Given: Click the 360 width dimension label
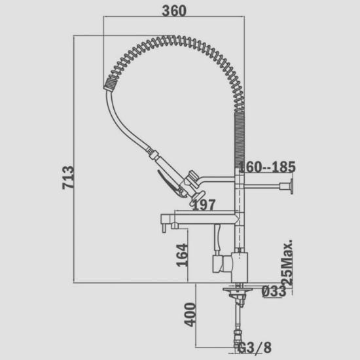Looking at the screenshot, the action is [x=174, y=10].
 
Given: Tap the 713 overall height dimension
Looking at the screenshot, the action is [x=68, y=177].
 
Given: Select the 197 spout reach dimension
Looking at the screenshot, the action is [x=204, y=205].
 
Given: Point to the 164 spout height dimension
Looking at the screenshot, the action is [x=182, y=255].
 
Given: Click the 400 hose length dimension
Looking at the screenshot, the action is [x=190, y=315].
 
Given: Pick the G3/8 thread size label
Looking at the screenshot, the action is [x=255, y=348].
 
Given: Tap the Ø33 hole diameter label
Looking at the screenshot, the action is [x=274, y=291].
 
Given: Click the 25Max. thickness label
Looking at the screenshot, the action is [x=287, y=262].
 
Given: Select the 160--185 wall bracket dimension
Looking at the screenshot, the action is [x=267, y=167].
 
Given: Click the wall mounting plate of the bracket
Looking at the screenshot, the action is [x=291, y=186].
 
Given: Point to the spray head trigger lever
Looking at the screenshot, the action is [x=170, y=183].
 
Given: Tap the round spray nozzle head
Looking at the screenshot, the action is [x=197, y=198].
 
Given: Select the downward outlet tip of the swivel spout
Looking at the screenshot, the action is [x=164, y=228].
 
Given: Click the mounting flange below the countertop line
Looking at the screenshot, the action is [x=238, y=289].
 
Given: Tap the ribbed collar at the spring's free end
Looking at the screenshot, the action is [x=111, y=84].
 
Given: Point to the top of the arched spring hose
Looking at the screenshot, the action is [x=170, y=39].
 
